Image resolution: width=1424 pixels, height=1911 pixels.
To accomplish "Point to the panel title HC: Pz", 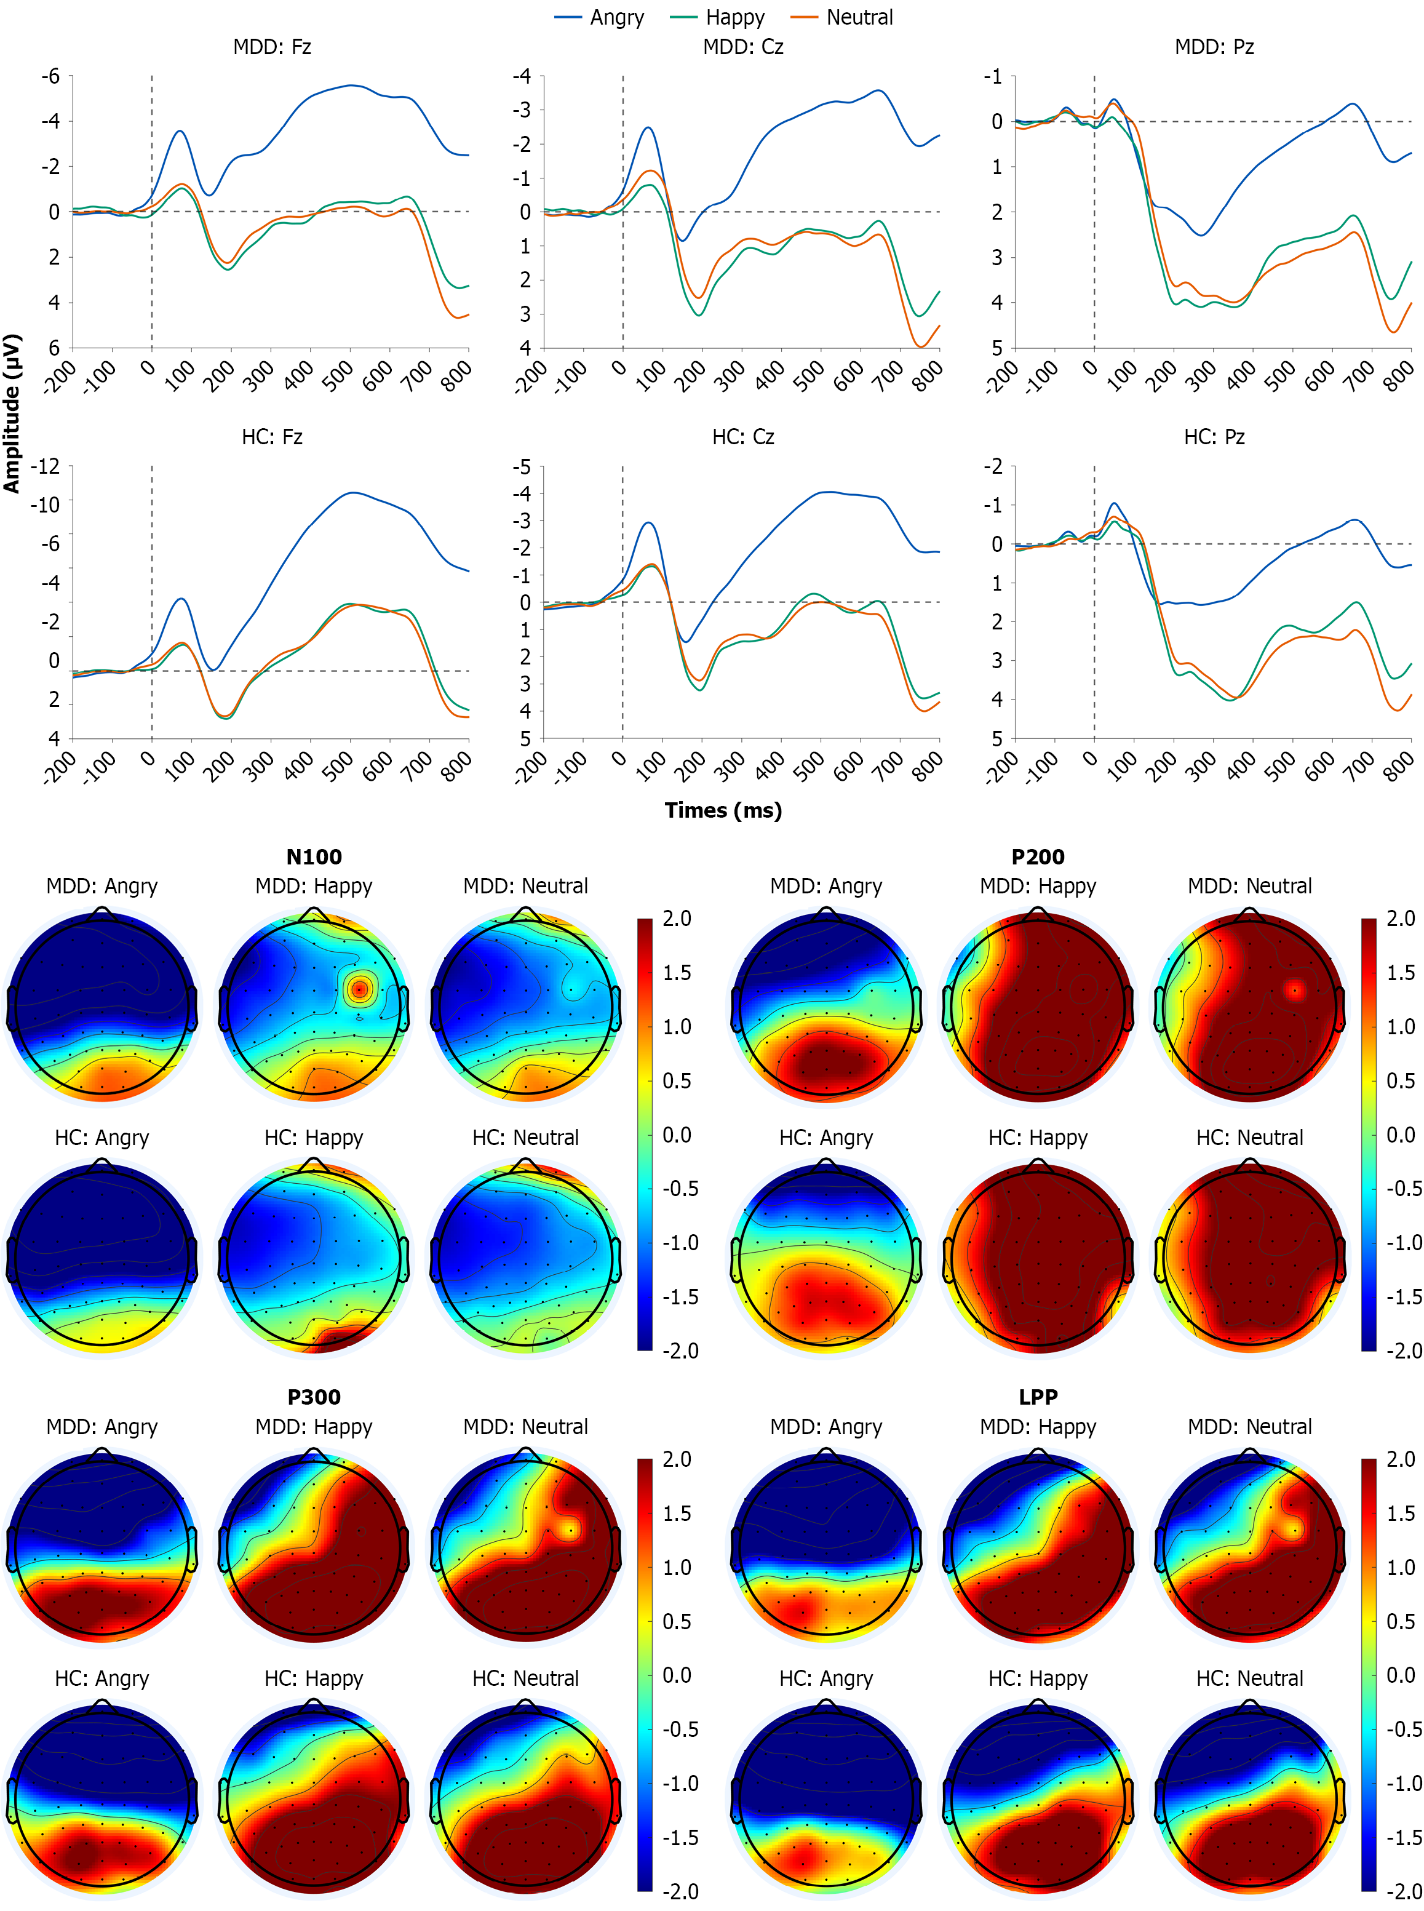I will [1214, 437].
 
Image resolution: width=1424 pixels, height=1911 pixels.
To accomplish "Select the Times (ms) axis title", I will [723, 810].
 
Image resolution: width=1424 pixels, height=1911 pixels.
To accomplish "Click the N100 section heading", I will [314, 857].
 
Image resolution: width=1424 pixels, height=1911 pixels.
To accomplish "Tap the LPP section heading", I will [1038, 1397].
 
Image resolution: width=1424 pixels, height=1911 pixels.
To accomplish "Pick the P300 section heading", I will [314, 1397].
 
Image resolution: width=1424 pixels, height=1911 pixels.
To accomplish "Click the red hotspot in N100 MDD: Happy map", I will [359, 989].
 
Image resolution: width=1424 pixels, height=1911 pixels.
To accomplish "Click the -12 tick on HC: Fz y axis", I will [46, 466].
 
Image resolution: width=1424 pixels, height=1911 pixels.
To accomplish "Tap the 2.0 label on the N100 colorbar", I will [677, 919].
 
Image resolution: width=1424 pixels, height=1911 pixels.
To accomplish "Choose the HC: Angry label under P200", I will [825, 1138].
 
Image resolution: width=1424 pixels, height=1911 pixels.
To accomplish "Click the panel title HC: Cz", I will [743, 437].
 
